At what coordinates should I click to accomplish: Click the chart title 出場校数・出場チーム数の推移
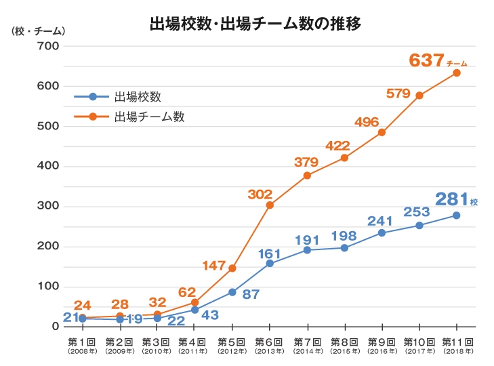(255, 24)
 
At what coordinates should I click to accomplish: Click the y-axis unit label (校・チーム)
(39, 31)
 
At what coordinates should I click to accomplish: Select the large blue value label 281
(452, 199)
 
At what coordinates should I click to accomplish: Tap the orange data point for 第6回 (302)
(270, 205)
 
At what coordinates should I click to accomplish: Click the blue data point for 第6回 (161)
(270, 263)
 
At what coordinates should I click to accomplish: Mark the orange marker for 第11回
(457, 73)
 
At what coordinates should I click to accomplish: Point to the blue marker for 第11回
(457, 216)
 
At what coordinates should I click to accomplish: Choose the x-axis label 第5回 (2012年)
(232, 346)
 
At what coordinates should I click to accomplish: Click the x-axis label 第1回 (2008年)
(82, 346)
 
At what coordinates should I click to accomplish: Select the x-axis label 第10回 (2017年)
(419, 346)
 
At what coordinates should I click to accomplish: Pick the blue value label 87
(252, 295)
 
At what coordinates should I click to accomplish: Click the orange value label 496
(367, 122)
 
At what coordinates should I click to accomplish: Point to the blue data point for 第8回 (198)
(344, 248)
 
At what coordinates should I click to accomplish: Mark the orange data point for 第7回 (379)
(307, 176)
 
